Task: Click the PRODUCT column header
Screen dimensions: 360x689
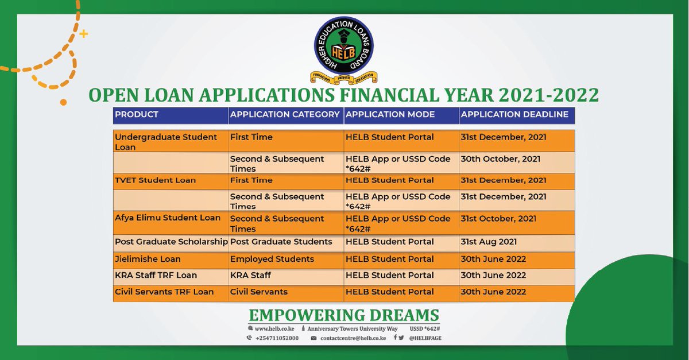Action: (x=137, y=114)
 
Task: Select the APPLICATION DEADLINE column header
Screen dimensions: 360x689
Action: (x=514, y=114)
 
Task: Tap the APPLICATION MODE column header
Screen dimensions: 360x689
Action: (x=390, y=114)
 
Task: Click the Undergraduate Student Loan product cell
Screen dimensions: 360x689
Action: (x=166, y=142)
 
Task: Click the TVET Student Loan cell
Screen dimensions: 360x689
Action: (x=156, y=180)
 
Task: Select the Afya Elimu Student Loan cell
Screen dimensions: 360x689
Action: (x=168, y=218)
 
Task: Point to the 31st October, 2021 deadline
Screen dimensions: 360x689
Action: (x=498, y=219)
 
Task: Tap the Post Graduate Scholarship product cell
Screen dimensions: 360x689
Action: (x=171, y=242)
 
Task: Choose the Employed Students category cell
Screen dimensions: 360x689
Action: (x=272, y=259)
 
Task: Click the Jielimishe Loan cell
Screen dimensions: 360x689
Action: (x=148, y=259)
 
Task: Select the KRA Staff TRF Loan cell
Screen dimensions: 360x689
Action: (x=156, y=275)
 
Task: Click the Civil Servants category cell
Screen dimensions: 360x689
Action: (x=259, y=292)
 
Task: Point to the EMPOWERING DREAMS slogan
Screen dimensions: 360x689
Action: (x=344, y=315)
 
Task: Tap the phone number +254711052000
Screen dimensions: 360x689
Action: (x=277, y=338)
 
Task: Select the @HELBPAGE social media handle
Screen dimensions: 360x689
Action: (x=425, y=338)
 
